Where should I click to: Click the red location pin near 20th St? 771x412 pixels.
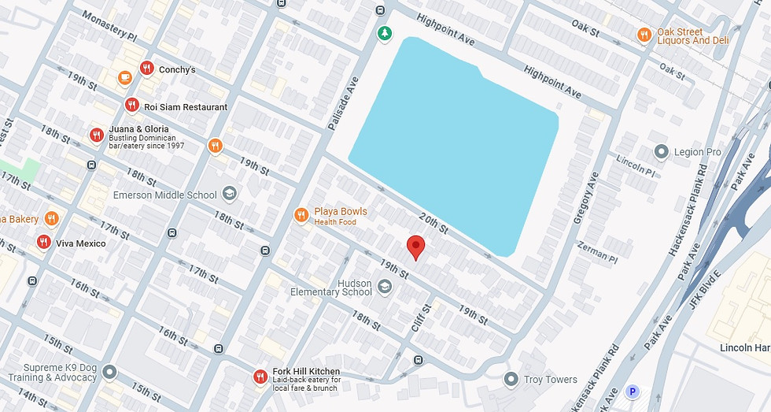416,247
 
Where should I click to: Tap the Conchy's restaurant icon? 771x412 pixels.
146,69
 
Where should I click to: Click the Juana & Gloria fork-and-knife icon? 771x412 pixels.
97,135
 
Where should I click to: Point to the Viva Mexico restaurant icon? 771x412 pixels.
44,243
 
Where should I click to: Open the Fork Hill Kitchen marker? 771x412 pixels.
260,377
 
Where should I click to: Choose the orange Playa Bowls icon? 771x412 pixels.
301,215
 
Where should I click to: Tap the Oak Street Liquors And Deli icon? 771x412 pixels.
644,35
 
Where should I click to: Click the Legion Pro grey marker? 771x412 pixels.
661,151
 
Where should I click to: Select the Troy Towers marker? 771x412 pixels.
511,380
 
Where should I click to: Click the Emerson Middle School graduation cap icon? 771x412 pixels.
229,194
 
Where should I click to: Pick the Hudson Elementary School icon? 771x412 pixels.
384,287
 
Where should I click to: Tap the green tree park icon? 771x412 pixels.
384,33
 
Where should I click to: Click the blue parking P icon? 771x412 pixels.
631,392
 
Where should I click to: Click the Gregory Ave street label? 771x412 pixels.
586,198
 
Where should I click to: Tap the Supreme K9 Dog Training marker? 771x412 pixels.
109,371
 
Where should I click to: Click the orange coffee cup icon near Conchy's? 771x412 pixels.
124,77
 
